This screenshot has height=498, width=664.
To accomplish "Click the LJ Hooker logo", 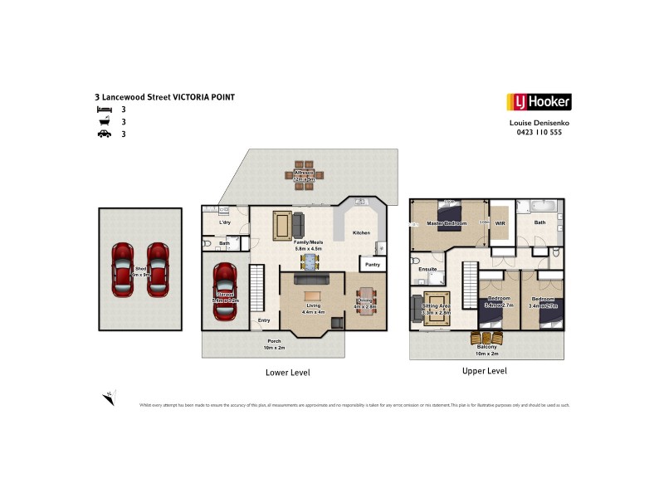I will [x=539, y=102].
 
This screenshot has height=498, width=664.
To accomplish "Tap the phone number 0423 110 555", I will [x=539, y=132].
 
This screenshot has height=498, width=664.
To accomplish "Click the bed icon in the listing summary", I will [x=104, y=109].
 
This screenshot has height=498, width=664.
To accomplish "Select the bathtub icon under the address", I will [x=104, y=121].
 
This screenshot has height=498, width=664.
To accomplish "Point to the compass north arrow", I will [x=108, y=398].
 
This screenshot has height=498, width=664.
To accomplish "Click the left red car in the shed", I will [x=123, y=269].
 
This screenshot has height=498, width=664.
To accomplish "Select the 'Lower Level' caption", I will [x=287, y=373].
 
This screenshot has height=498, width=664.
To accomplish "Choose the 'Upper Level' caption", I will [x=484, y=371].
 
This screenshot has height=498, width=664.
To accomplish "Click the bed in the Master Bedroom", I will [x=449, y=217].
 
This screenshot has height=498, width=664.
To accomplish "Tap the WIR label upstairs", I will [x=500, y=223].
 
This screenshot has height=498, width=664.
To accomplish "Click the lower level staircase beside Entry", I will [x=256, y=286].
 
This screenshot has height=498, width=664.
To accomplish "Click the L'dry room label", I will [x=224, y=223].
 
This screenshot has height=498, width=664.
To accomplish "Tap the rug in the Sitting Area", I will [x=435, y=305].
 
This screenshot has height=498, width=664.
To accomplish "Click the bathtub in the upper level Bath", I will [x=539, y=207].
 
